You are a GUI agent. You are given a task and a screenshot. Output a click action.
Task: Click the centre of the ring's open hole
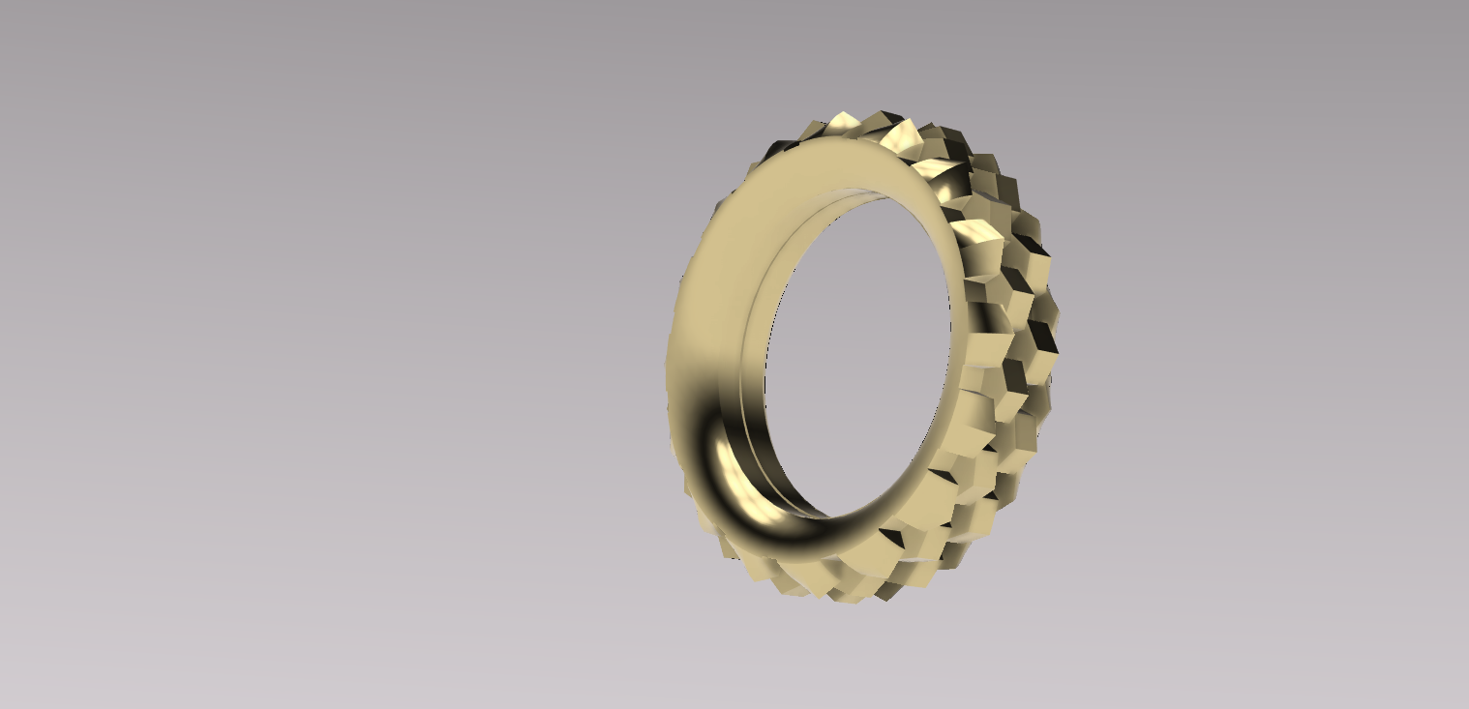point(856,353)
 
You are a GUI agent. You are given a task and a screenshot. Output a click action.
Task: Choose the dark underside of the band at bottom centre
point(823,547)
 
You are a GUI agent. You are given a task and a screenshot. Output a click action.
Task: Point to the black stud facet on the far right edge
point(1043,339)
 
